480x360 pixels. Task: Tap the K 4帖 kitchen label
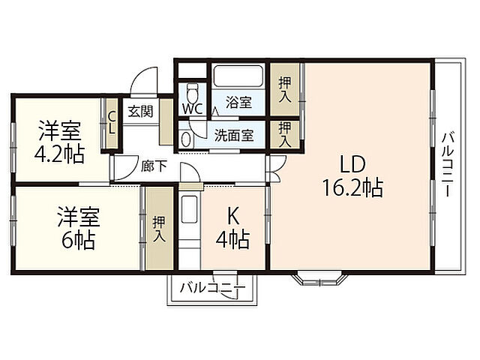[x=234, y=229]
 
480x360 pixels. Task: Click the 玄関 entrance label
[x=139, y=112]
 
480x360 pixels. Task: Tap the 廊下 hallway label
[x=154, y=166]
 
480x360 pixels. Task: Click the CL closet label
[x=111, y=121]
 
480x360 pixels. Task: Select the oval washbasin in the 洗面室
[x=186, y=139]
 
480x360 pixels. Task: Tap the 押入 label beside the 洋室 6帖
[x=158, y=229]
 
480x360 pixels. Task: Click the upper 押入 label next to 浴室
[x=283, y=91]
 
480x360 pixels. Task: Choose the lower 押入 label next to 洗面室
[x=283, y=134]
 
